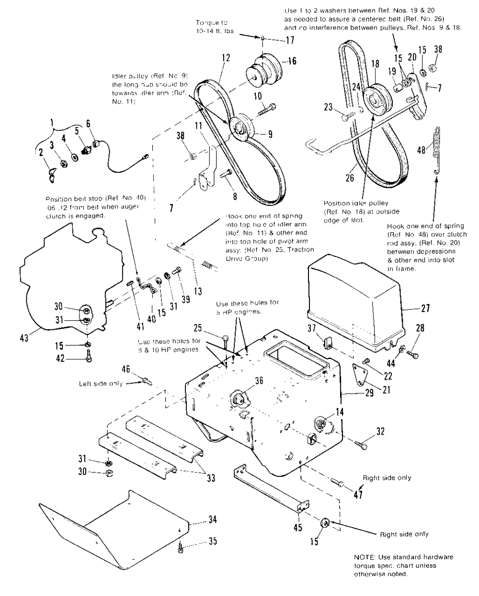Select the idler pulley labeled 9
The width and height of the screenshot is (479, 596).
243,128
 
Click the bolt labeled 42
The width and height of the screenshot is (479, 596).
89,357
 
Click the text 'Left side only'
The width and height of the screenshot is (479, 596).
100,383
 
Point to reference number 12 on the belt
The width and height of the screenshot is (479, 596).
225,58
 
